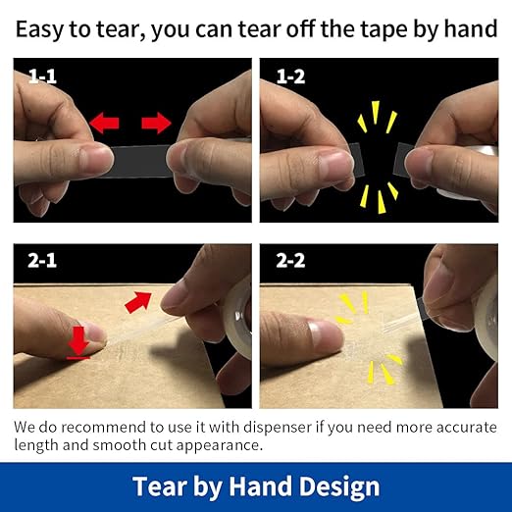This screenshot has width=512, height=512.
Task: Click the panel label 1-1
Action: pos(42,77)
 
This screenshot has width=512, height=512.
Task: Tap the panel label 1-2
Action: pos(290,77)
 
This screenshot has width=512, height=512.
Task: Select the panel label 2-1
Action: pos(42,261)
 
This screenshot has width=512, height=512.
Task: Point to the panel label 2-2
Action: pos(290,261)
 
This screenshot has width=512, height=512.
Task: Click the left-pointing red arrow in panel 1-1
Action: pos(104,123)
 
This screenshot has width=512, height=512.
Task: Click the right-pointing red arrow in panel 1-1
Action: pos(156,123)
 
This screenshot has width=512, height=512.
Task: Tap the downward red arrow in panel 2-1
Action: pos(78,342)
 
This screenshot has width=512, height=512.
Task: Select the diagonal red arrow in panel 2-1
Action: pos(138,302)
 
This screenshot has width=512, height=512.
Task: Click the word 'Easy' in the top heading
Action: pos(39,30)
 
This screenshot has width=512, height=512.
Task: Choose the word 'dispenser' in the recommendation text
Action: pos(278,427)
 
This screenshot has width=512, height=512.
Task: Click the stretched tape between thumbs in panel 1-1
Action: pos(140,161)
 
